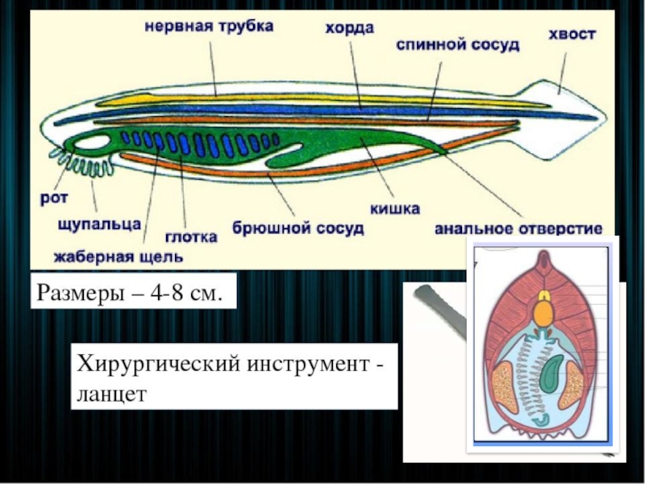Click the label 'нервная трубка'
point(209,26)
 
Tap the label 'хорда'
point(349,29)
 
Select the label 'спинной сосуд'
point(457,45)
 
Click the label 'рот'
point(50,196)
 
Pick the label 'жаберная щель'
point(119,257)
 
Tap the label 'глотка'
point(191,237)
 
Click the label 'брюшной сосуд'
point(298,228)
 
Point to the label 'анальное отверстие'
point(518,229)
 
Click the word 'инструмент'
point(298,362)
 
